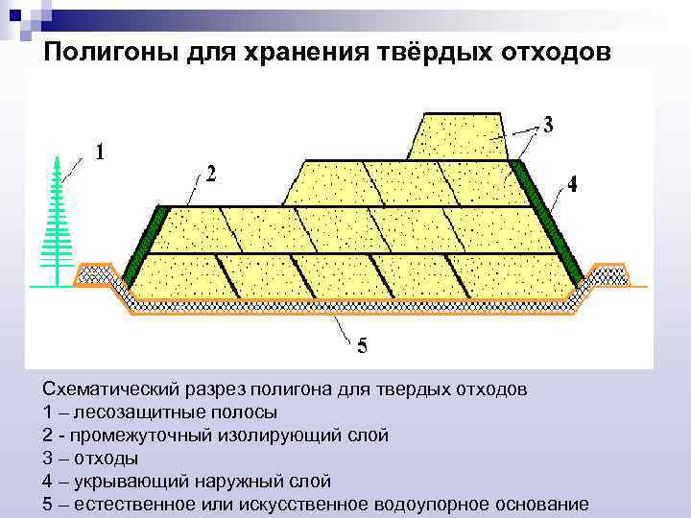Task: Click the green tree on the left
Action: point(57,224)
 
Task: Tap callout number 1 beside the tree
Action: point(101,152)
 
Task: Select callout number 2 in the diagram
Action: point(209,175)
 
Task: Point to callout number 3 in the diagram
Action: point(547,126)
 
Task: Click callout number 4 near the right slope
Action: point(572,185)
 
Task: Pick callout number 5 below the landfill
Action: point(362,346)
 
